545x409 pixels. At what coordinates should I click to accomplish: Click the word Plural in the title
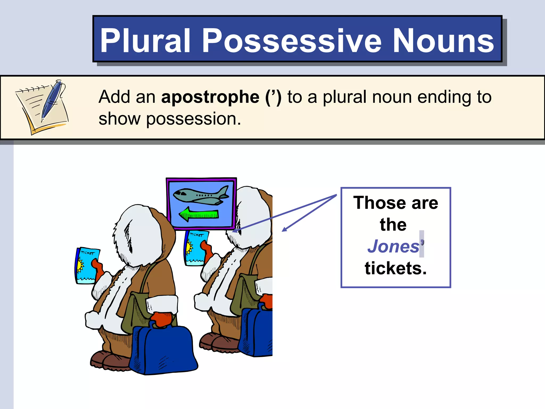145,40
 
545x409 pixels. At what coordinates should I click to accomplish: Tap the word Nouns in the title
443,40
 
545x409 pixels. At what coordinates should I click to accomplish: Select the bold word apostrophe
210,97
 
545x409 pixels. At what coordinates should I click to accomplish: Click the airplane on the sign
201,195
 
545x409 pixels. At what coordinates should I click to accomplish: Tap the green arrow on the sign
199,214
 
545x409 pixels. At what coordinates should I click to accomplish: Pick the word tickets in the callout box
395,268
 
